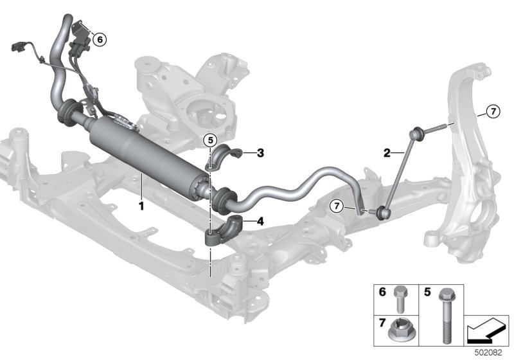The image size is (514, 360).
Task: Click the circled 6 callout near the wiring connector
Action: (x=100, y=40)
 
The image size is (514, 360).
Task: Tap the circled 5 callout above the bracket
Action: (x=210, y=140)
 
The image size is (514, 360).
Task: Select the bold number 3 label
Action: (x=260, y=153)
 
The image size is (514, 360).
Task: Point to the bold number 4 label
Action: (x=260, y=222)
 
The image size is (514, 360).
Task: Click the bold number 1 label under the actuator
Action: (x=141, y=206)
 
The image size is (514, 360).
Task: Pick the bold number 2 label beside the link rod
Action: (x=387, y=153)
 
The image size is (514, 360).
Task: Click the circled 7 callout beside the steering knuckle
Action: (x=493, y=111)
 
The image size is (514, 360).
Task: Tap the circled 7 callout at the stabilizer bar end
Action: (x=337, y=206)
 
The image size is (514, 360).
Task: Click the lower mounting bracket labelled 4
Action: (x=224, y=231)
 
